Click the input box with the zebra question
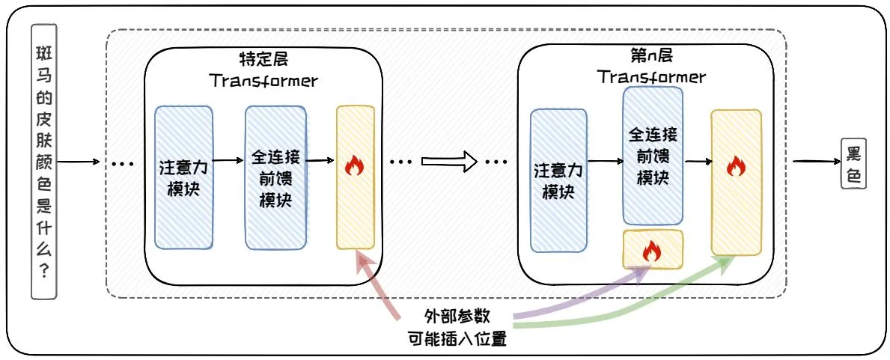point(44,162)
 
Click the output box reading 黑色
point(853,162)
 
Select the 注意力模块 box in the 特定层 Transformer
point(184,177)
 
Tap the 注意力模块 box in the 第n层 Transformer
point(558,181)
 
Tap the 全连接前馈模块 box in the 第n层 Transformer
point(652,156)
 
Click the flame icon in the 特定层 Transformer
point(354,166)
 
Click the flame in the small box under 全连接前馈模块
point(652,250)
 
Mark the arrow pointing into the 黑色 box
point(816,162)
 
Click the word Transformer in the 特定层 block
point(263,80)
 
